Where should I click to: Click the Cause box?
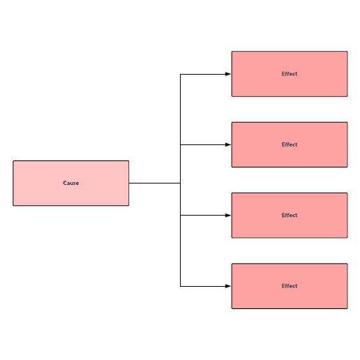point(71,183)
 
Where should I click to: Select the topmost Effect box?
point(290,74)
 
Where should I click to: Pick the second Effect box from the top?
point(290,144)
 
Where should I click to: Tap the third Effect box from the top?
point(290,216)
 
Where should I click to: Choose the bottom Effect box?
point(290,286)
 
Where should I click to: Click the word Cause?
point(71,183)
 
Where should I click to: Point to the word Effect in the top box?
point(290,74)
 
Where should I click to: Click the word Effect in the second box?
point(290,144)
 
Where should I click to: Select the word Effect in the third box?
point(290,215)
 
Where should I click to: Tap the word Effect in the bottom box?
point(290,286)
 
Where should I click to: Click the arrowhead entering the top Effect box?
point(228,74)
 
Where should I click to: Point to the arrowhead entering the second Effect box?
point(228,144)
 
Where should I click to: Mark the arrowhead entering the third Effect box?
point(228,216)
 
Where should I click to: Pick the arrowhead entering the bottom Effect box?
point(228,286)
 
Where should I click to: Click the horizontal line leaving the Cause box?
point(155,183)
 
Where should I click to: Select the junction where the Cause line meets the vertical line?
point(180,183)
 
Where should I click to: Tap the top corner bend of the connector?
point(180,75)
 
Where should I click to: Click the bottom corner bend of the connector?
point(180,286)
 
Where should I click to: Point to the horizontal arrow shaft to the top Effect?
point(203,75)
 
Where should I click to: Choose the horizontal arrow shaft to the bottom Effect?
point(203,286)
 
